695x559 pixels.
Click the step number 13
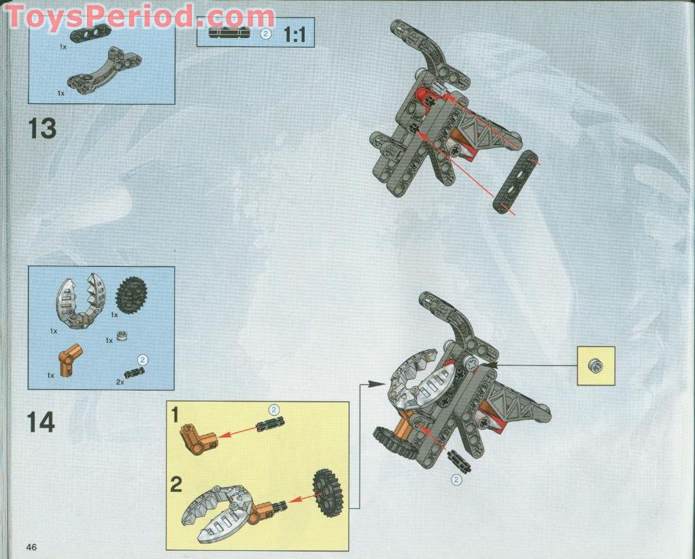(x=42, y=128)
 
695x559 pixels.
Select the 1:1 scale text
(x=294, y=34)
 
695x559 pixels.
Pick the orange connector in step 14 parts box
(x=69, y=359)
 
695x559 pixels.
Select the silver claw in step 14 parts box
(x=78, y=303)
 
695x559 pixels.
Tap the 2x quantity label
(x=120, y=382)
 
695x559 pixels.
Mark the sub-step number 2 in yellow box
(x=176, y=484)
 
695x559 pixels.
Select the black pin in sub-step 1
(x=269, y=425)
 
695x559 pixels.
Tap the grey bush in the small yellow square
(x=596, y=365)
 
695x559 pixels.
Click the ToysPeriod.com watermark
(x=139, y=16)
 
